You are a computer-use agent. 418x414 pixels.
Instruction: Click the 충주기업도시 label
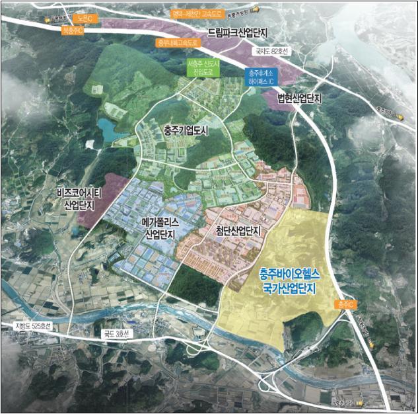185,131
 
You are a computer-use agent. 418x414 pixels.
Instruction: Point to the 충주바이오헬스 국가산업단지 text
289,282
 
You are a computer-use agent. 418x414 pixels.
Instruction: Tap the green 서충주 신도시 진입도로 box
202,68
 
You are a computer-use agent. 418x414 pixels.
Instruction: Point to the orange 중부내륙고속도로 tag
177,43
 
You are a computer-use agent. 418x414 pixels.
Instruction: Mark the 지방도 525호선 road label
36,326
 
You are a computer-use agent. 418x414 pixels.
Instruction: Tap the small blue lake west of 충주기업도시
107,128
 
